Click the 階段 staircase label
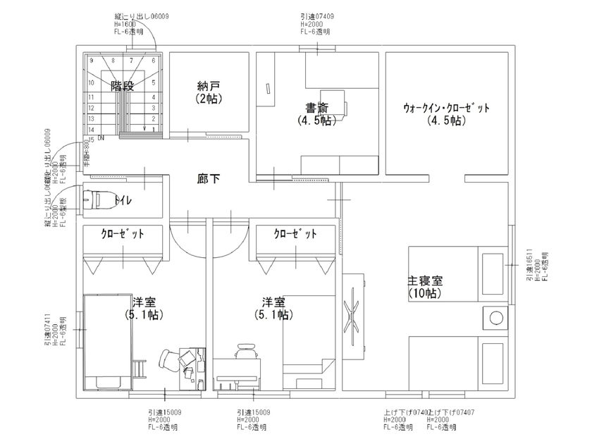[122, 86]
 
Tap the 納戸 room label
[209, 87]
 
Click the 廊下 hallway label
[208, 180]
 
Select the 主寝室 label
[425, 280]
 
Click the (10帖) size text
[424, 293]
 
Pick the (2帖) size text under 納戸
[209, 99]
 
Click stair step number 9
[92, 61]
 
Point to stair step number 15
[92, 140]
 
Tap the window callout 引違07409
[316, 16]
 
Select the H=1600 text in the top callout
[126, 24]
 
